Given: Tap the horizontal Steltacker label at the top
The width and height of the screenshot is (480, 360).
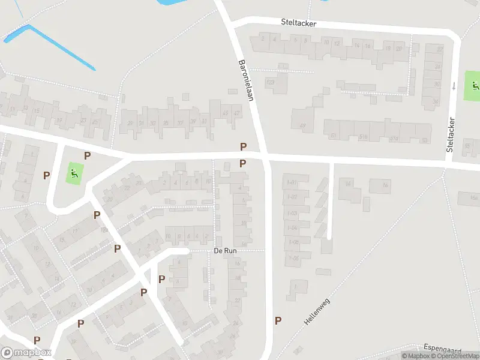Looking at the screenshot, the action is [x=298, y=22].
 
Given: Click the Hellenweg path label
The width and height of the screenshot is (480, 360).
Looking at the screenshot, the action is [x=317, y=311].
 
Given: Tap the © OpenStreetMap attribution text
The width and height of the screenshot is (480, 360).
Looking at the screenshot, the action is [x=449, y=356].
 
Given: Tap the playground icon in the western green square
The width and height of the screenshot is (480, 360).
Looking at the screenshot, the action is [x=74, y=174].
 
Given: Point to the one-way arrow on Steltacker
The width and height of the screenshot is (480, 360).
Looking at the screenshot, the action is [x=454, y=85].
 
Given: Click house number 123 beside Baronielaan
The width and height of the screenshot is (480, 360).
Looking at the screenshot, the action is [x=270, y=82].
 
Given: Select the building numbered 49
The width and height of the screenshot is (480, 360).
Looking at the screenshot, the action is [x=302, y=125].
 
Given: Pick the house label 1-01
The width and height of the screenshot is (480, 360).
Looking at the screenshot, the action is [x=293, y=182].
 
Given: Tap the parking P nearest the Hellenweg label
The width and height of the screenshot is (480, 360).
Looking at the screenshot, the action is [x=278, y=320].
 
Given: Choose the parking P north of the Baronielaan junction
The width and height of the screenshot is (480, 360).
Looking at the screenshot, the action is [x=243, y=146].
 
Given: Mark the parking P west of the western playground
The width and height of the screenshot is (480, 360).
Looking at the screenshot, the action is [x=46, y=176].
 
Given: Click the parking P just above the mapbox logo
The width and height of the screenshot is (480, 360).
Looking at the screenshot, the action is [x=37, y=340].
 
